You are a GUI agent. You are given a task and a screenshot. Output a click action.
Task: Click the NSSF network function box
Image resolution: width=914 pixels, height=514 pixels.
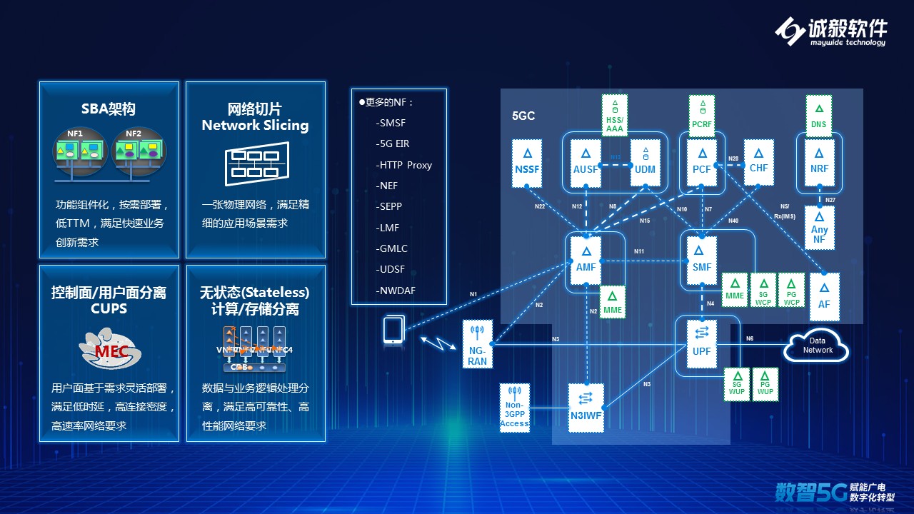click(x=527, y=163)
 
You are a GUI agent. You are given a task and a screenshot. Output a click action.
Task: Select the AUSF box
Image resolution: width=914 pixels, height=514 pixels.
click(x=586, y=163)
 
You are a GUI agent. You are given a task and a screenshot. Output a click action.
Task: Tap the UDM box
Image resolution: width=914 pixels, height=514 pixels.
click(x=645, y=163)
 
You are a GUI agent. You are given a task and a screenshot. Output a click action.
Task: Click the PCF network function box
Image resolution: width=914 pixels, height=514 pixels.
click(x=703, y=163)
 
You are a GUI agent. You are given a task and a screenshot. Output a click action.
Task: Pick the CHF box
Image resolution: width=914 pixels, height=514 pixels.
click(x=758, y=163)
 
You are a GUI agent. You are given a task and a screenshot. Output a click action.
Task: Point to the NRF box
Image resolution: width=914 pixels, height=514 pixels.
click(x=819, y=163)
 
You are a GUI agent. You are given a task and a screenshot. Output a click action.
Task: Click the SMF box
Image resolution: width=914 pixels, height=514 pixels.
click(x=702, y=260)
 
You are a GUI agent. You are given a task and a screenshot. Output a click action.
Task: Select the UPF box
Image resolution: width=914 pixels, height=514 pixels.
click(x=701, y=344)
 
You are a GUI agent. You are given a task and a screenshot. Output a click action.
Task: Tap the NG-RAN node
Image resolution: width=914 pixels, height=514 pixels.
click(x=478, y=344)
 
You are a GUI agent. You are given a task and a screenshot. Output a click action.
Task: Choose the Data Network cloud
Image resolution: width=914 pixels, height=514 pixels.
click(x=817, y=346)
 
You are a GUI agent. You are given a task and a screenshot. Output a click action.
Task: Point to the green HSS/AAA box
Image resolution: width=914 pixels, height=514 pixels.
click(x=614, y=115)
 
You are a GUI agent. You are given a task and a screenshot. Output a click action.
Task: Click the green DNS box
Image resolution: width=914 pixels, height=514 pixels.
click(x=818, y=115)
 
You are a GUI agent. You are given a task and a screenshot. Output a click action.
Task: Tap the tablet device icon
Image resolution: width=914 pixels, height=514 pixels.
click(x=393, y=331)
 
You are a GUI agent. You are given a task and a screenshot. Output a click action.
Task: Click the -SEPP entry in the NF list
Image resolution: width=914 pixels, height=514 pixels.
click(x=390, y=206)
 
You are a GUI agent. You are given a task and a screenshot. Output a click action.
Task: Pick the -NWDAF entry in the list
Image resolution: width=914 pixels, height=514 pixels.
click(x=396, y=291)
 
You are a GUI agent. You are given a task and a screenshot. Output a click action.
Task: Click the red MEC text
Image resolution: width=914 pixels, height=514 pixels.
click(x=111, y=351)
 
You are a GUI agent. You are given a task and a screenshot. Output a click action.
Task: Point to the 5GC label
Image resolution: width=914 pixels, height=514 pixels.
click(x=523, y=116)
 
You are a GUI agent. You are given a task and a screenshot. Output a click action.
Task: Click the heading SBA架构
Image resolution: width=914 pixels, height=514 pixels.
click(x=108, y=109)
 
